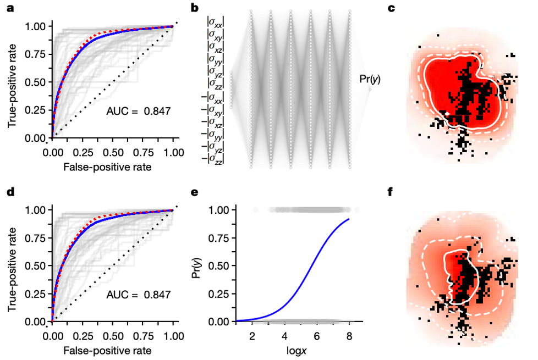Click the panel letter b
[194, 9]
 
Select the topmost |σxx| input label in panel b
[215, 24]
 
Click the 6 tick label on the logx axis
[316, 336]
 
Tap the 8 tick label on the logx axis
[349, 336]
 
